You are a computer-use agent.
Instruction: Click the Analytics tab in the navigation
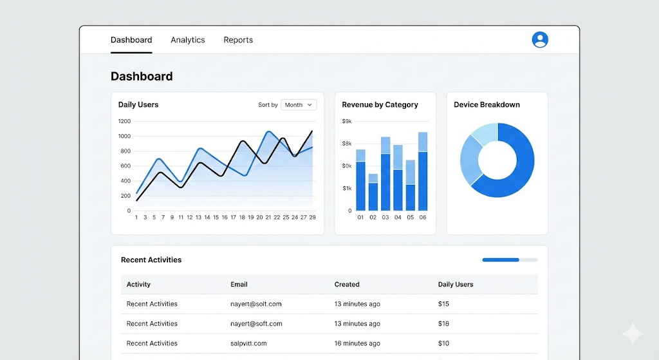(188, 40)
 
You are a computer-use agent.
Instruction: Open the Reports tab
(238, 40)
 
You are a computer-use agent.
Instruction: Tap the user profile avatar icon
(540, 40)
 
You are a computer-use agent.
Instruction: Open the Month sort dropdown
(299, 105)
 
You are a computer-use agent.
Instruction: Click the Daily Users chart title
(138, 105)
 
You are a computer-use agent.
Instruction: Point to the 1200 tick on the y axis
(124, 121)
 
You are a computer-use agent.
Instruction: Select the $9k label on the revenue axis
(347, 121)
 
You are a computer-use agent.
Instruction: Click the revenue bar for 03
(385, 174)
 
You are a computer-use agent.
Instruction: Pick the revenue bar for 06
(423, 171)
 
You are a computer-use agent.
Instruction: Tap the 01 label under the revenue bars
(360, 218)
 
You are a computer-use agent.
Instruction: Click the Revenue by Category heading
(380, 105)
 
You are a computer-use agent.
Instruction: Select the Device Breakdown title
(487, 105)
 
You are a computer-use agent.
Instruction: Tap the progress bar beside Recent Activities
(510, 260)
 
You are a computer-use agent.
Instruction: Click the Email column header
(239, 284)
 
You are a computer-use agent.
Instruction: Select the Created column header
(347, 284)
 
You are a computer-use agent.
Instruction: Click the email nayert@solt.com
(256, 304)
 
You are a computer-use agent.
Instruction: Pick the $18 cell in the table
(443, 324)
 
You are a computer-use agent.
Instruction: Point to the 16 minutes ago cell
(357, 343)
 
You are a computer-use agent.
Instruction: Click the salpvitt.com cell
(248, 343)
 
